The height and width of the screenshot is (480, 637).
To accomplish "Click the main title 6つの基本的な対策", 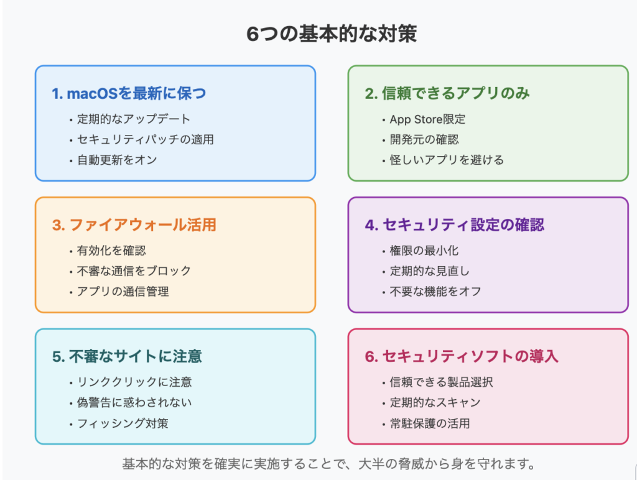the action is [x=332, y=34].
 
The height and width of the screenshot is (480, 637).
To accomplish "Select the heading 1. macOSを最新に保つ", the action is [x=129, y=94].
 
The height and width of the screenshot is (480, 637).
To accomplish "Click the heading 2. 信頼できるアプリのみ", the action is [x=447, y=94].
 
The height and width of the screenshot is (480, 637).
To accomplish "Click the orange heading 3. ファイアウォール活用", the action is [x=134, y=225].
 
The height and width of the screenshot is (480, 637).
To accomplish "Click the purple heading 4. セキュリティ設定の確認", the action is [x=455, y=225].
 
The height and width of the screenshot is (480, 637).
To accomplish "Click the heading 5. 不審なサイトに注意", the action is [x=127, y=356].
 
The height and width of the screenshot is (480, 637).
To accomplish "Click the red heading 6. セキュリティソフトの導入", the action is [x=462, y=356].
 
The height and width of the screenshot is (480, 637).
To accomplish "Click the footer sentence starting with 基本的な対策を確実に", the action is [x=328, y=464].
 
